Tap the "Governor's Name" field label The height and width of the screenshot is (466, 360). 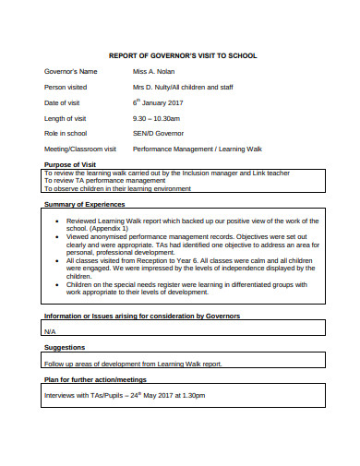click(70, 71)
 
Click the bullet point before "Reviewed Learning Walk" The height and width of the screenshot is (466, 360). click(57, 221)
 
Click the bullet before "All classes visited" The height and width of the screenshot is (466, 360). click(57, 261)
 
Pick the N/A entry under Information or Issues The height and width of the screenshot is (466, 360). click(50, 330)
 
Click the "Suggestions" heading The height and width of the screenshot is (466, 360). click(66, 347)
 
